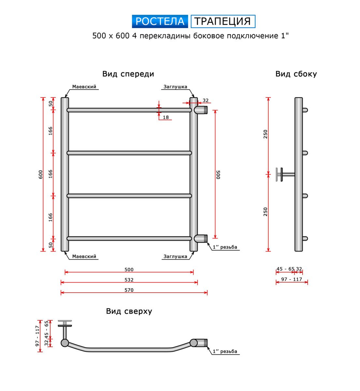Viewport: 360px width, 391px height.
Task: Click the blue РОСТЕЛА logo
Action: point(160,22)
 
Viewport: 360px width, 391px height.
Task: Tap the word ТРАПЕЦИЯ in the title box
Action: point(223,21)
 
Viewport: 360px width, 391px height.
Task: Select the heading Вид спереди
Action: point(128,74)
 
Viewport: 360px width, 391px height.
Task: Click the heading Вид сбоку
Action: point(296,74)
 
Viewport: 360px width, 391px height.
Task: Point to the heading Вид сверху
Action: point(129,311)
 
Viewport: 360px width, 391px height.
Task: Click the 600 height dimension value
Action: point(40,174)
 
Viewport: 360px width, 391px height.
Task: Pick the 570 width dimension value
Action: point(129,290)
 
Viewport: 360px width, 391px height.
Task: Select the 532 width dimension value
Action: point(129,280)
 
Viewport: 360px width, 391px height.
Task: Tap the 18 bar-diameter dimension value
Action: point(166,117)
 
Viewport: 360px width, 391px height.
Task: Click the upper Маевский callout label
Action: point(84,87)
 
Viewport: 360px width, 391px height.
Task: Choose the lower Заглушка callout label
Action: point(175,256)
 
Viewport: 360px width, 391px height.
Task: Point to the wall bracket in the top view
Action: point(65,330)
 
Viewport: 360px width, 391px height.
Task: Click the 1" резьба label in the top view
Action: point(225,352)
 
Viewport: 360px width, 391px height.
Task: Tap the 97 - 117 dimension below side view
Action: point(292,279)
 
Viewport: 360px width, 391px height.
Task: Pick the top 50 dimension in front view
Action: point(50,104)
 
